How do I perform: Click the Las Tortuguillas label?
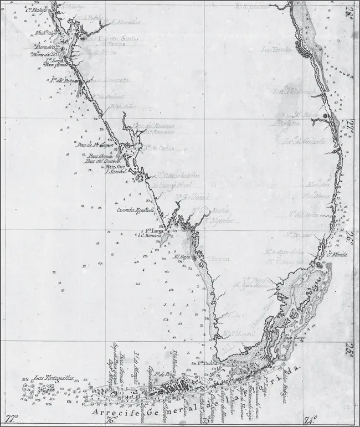(53, 378)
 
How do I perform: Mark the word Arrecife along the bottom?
(117, 414)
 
